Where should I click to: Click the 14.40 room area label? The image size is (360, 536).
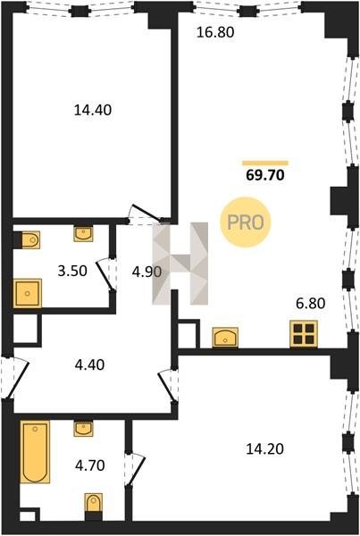click(93, 110)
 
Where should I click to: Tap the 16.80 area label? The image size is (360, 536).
click(215, 32)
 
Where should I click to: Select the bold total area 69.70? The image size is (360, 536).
click(265, 175)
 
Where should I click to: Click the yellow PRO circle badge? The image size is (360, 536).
click(246, 222)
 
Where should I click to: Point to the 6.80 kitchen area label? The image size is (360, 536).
click(311, 303)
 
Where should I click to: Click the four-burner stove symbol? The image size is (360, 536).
click(304, 334)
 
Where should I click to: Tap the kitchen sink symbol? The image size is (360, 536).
click(225, 338)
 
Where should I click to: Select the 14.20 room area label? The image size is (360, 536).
click(265, 448)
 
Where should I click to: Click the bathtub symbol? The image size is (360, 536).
click(35, 451)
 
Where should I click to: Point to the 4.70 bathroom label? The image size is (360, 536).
click(90, 465)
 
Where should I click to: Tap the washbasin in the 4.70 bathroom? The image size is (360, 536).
click(83, 429)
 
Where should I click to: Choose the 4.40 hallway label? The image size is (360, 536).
click(89, 364)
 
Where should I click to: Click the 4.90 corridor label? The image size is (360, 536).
click(147, 272)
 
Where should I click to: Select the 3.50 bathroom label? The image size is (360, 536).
click(72, 271)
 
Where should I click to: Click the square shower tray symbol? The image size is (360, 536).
click(28, 293)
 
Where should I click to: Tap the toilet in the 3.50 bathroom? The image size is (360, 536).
click(30, 240)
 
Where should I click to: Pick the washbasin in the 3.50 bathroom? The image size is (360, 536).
click(83, 234)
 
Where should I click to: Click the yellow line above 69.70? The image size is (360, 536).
click(265, 163)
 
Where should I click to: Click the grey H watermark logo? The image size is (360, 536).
click(180, 264)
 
